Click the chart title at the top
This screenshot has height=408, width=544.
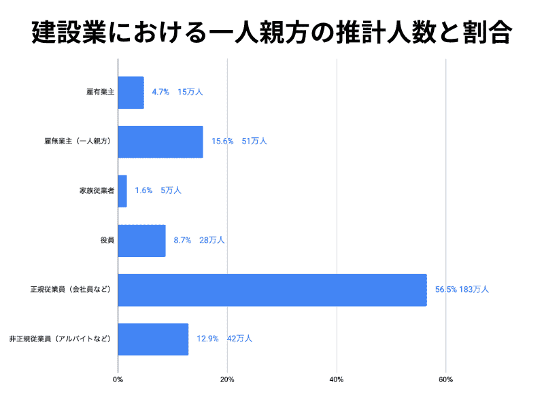tap(271, 33)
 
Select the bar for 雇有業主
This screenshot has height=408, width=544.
tap(131, 92)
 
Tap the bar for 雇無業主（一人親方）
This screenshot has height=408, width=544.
tap(160, 141)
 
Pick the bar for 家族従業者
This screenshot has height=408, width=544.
tap(122, 191)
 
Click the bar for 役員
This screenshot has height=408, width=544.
tap(141, 240)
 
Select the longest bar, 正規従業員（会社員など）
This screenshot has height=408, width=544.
tap(272, 290)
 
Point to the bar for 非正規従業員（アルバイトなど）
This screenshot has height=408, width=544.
tap(153, 339)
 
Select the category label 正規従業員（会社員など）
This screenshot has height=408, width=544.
tap(71, 290)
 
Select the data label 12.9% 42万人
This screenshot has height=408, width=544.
tap(224, 338)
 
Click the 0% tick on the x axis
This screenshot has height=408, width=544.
tap(118, 379)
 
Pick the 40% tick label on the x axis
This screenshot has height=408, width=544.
tap(336, 379)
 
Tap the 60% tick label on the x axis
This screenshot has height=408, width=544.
tap(445, 379)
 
